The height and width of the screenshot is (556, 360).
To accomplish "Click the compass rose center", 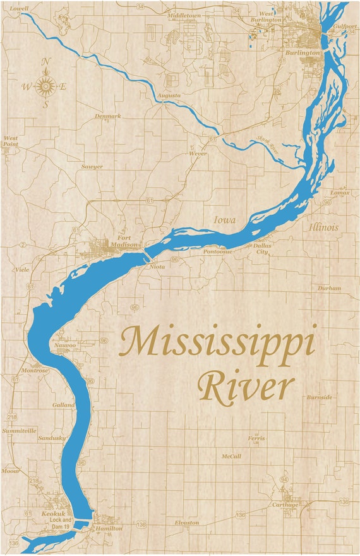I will (45, 87).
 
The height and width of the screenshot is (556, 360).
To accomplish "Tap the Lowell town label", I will (20, 9).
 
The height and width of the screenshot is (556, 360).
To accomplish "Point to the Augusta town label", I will (169, 95).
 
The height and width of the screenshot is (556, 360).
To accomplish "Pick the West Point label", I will (11, 141).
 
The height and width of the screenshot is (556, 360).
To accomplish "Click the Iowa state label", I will (224, 221).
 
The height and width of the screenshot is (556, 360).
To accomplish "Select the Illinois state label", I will (323, 227).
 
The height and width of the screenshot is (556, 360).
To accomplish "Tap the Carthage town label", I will (285, 505).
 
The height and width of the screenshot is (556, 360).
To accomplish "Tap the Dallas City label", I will (261, 248).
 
